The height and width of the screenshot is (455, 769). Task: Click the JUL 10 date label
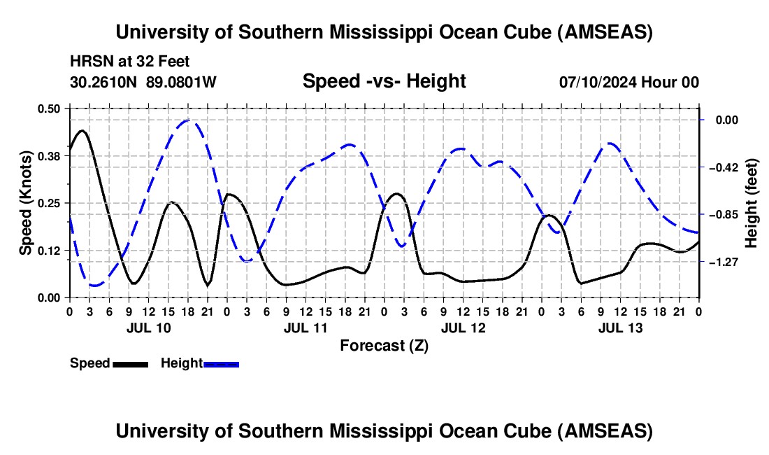click(x=148, y=328)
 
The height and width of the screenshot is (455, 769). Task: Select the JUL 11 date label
click(x=306, y=328)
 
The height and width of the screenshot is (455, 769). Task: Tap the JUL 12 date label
click(x=463, y=328)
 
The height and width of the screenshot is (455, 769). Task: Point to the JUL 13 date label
click(x=620, y=328)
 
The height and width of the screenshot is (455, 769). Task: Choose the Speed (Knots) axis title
click(x=25, y=203)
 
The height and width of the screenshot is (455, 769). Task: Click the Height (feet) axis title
click(x=752, y=203)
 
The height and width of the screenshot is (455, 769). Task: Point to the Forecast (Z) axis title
click(x=384, y=345)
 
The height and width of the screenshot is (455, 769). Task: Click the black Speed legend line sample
click(x=129, y=364)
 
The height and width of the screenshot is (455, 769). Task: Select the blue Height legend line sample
click(x=221, y=364)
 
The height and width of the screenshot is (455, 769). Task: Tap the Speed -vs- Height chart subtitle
click(x=384, y=81)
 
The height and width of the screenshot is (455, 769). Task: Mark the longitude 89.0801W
click(x=182, y=82)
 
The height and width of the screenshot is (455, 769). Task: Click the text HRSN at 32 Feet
click(x=130, y=62)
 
